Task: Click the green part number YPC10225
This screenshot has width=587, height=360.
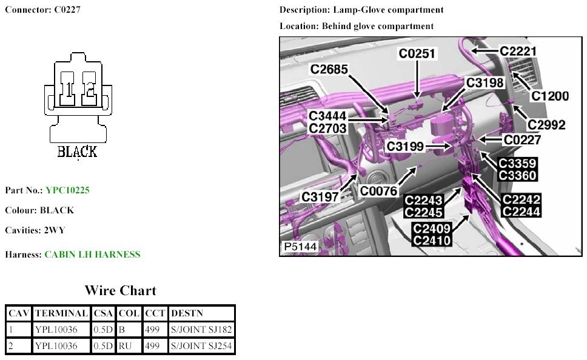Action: click(x=67, y=190)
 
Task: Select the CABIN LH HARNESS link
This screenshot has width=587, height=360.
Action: click(x=92, y=255)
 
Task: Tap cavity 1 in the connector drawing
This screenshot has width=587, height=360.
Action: click(x=69, y=90)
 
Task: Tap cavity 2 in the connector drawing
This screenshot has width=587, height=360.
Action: click(x=89, y=90)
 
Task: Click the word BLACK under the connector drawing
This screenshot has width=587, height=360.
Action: click(x=77, y=152)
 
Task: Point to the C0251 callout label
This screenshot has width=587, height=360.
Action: click(x=417, y=54)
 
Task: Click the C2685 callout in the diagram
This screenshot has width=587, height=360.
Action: click(x=329, y=70)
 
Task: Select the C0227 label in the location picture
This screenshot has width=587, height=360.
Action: click(x=522, y=140)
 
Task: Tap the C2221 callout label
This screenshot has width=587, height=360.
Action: click(x=518, y=52)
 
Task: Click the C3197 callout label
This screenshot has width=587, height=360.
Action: click(x=320, y=196)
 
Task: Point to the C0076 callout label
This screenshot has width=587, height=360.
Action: click(x=378, y=192)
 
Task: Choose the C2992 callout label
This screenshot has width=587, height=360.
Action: click(x=546, y=125)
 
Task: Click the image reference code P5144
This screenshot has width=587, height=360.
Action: click(x=300, y=247)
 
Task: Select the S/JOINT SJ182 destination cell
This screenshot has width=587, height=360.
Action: click(x=201, y=330)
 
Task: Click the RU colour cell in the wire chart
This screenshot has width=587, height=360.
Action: click(x=124, y=347)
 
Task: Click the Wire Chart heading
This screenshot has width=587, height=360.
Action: click(x=120, y=290)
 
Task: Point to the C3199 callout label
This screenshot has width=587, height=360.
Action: click(x=408, y=146)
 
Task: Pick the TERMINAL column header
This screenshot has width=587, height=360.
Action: click(x=61, y=313)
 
